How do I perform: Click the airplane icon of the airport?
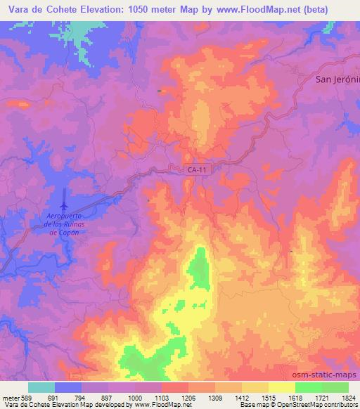64,204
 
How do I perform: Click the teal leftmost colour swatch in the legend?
41,387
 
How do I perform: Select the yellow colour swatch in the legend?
281,387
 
